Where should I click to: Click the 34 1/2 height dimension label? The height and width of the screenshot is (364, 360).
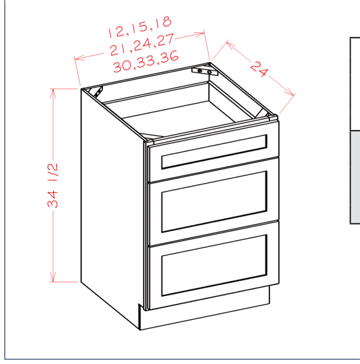point(53,185)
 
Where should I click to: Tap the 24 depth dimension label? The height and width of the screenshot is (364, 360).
point(259,69)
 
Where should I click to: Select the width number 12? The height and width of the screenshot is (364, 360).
point(116,32)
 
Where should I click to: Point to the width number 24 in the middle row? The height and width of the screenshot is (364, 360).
point(142,45)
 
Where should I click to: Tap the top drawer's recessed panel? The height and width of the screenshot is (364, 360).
point(214,152)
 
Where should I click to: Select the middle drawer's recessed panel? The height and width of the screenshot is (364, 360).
point(214,201)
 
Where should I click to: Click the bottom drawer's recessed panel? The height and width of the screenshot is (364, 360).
point(214,266)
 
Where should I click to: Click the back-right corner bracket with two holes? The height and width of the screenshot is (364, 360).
point(205,71)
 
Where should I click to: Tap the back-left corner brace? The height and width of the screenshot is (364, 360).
point(98,92)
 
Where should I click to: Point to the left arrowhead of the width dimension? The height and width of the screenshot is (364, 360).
point(79,58)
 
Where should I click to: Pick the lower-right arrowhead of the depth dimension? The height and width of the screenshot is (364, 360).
point(290,91)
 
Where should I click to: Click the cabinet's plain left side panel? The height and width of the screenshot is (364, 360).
point(111,204)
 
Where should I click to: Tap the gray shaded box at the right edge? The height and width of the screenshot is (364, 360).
point(355,177)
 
